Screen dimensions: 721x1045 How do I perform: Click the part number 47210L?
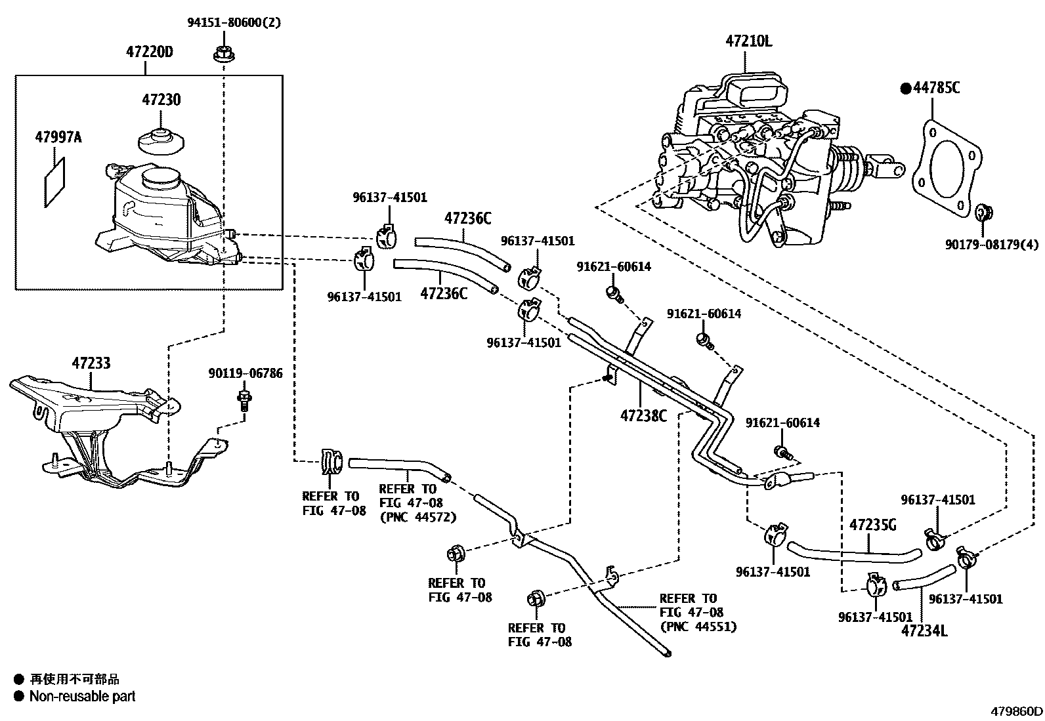(x=748, y=41)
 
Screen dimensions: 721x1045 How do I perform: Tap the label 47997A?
(x=58, y=138)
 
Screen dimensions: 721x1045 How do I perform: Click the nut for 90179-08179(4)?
(x=983, y=213)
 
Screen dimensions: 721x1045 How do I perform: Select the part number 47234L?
(x=924, y=630)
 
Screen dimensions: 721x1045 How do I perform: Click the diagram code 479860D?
(x=1016, y=711)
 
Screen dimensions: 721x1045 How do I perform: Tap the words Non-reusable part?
(x=82, y=696)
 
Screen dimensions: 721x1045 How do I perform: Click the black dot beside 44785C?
(x=906, y=87)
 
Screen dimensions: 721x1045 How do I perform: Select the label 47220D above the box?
(x=149, y=52)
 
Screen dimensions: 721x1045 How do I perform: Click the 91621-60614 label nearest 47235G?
(x=782, y=423)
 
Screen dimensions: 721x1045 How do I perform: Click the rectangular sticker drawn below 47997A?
(x=55, y=182)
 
